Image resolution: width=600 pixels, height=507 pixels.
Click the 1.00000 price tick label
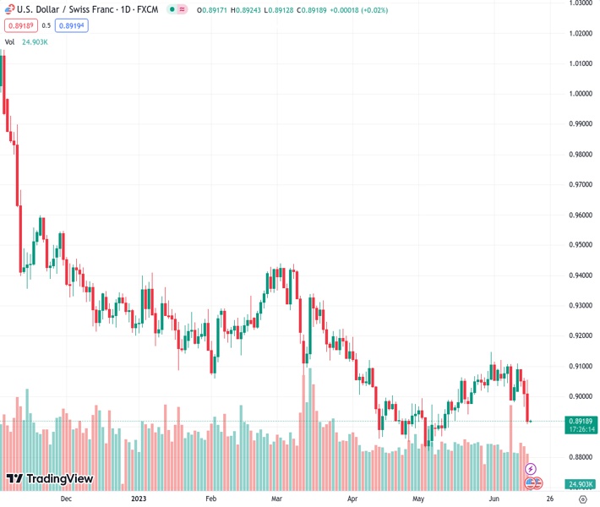point(579,94)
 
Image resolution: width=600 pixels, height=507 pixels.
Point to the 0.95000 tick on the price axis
point(579,245)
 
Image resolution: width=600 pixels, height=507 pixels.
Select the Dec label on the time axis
point(66,499)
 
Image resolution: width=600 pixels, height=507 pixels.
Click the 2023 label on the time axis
point(141,499)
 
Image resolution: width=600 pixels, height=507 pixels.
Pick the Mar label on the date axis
point(275,499)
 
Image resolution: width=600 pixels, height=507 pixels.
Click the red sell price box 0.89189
point(19,25)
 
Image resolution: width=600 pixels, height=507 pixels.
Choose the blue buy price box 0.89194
point(71,25)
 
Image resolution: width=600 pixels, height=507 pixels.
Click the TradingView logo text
point(59,479)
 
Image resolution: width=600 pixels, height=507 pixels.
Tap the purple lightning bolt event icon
point(532,469)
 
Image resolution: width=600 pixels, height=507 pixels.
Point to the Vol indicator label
point(10,41)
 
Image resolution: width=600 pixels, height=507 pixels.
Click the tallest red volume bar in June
point(511,448)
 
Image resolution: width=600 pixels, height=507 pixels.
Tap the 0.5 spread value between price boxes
point(46,25)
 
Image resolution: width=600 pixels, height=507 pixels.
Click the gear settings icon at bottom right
point(582,499)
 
